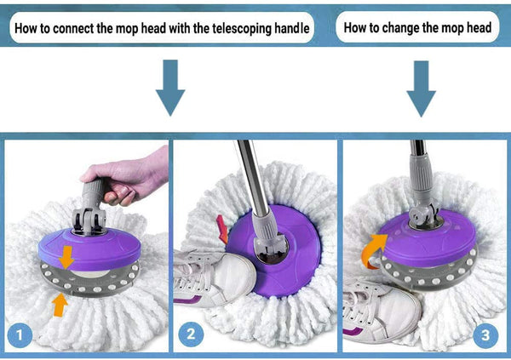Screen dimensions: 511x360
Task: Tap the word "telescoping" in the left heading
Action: pos(242,29)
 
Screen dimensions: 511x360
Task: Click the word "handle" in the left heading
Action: pos(291,28)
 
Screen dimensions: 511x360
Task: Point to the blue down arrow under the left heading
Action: pos(170,88)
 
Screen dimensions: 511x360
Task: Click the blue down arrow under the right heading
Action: pos(421,89)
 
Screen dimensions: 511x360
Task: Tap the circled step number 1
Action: pos(20,335)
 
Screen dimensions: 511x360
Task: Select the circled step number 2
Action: pos(191,334)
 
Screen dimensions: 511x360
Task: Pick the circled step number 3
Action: pos(485,335)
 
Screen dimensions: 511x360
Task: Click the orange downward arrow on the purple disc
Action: pos(66,257)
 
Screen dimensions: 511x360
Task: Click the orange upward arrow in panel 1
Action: pos(60,305)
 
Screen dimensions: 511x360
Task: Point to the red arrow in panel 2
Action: pos(222,229)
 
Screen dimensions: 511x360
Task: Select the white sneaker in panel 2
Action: pos(214,277)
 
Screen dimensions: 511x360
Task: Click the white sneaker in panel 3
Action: pos(382,311)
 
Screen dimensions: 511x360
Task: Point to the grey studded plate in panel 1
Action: pos(89,280)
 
